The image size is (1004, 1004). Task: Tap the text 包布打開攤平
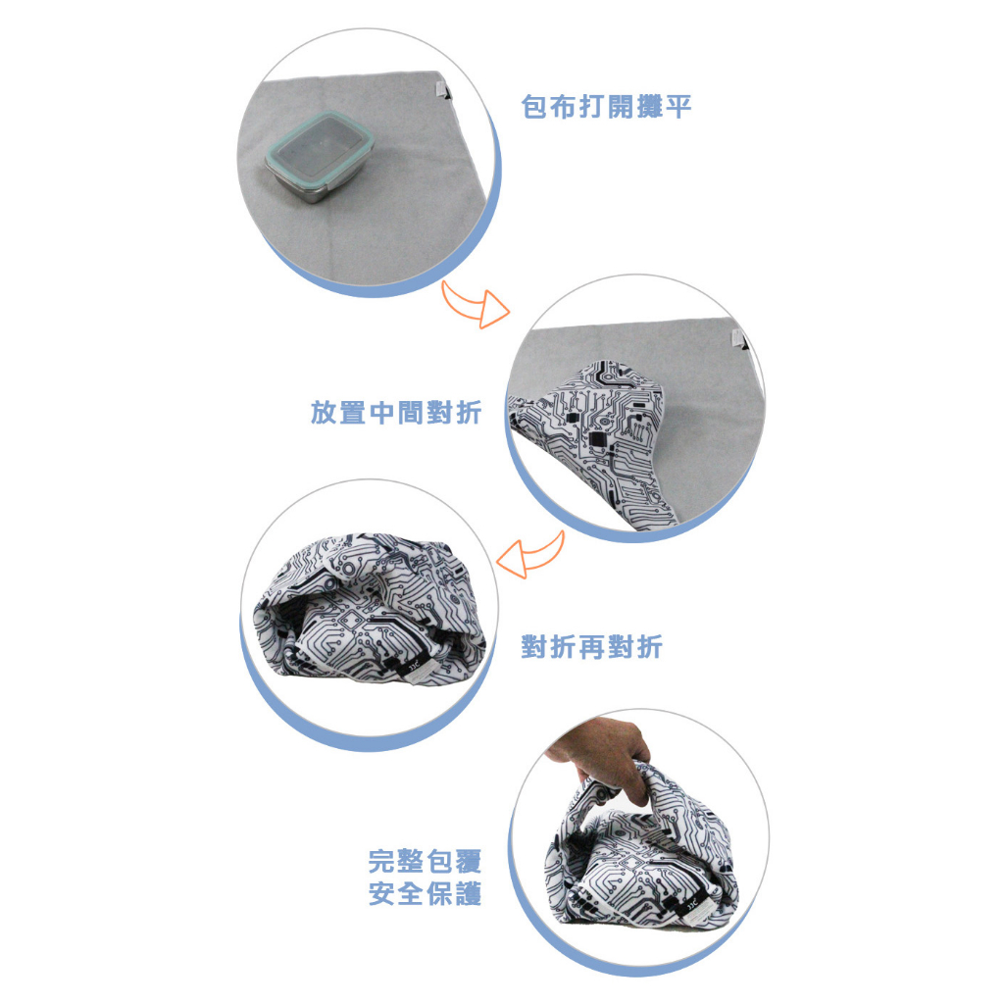(x=606, y=106)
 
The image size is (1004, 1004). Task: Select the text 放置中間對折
(x=396, y=413)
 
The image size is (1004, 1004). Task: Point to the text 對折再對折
(x=591, y=647)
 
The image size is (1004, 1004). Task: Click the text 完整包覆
(x=425, y=861)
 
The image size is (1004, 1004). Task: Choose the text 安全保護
(x=425, y=894)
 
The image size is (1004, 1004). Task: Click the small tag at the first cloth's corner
(x=441, y=89)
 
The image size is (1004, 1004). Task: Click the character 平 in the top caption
(x=678, y=106)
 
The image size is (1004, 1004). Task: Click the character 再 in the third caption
(x=591, y=647)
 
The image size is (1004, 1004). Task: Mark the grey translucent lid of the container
(x=319, y=143)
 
